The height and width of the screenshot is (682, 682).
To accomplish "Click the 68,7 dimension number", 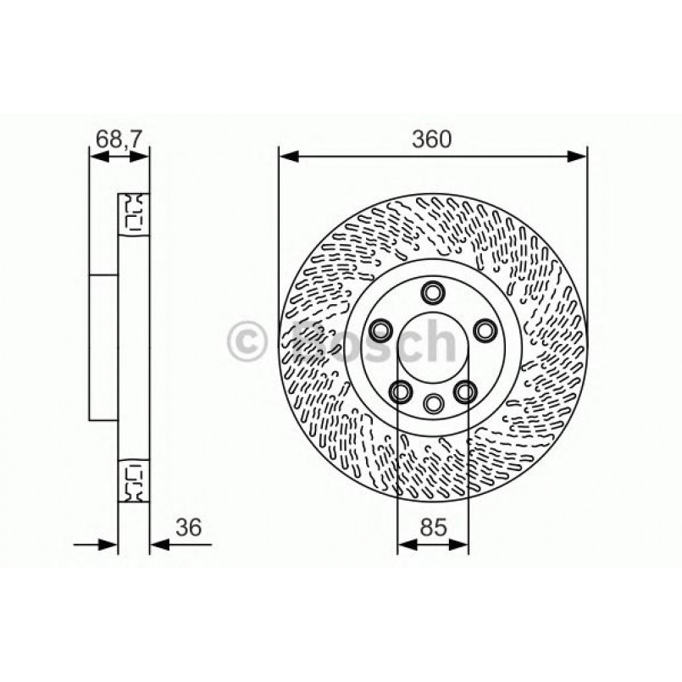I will pos(119,138).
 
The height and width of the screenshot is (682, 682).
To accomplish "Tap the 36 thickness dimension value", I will pos(188,528).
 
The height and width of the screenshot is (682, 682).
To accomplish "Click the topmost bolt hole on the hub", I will pos(433,293).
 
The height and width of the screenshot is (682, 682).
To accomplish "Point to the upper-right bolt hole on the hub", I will pos(485,329).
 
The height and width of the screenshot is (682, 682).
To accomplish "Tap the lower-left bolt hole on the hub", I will pos(400,391).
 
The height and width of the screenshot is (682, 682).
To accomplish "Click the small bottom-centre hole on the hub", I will pos(433,402).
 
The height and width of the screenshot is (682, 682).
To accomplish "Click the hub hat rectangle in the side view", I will pos(103,347).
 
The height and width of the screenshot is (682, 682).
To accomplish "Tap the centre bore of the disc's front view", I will pos(433,347).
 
